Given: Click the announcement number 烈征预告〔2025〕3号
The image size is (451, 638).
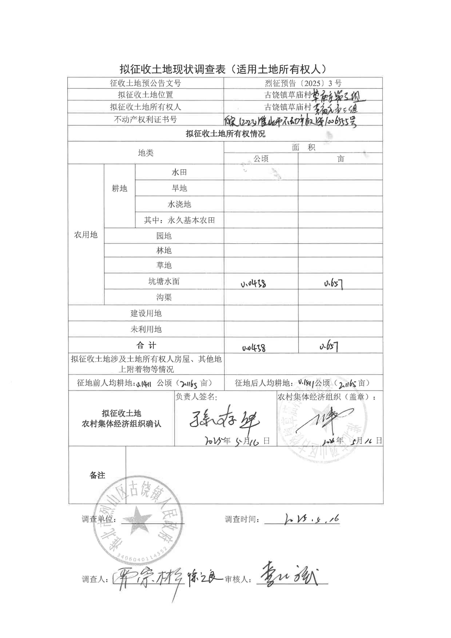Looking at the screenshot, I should (x=303, y=83).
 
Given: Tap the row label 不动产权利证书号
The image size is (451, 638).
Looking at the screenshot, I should (x=146, y=119).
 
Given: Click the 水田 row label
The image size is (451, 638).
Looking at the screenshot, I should (x=179, y=172).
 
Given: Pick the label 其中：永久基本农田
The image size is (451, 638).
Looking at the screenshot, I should (x=179, y=220).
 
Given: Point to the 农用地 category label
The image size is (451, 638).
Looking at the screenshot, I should (x=86, y=235).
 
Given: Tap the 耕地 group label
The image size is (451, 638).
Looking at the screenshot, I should (x=119, y=188).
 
